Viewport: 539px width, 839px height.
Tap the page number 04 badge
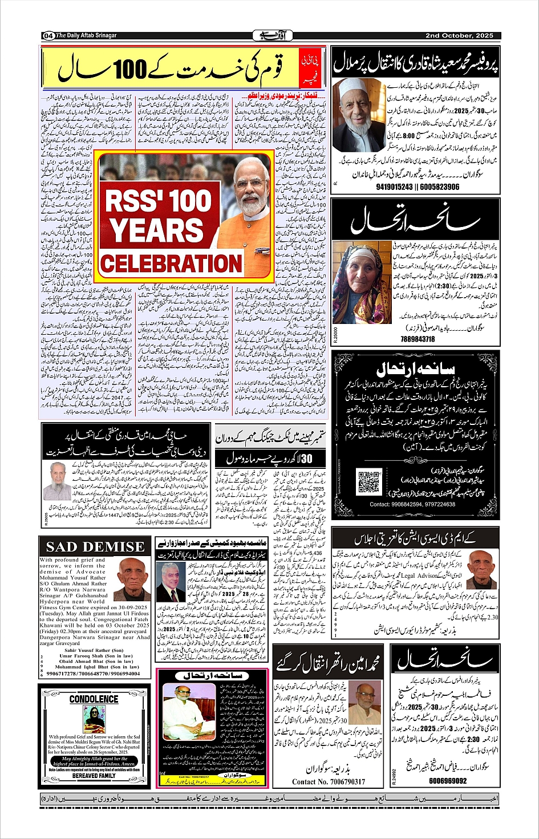point(48,36)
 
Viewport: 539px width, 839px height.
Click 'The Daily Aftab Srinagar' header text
point(86,35)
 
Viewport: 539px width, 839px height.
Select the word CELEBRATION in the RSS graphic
point(171,264)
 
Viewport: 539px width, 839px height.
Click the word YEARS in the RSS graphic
point(156,230)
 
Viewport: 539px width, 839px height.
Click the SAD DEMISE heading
point(95,547)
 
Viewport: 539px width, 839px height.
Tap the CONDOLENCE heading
point(94,699)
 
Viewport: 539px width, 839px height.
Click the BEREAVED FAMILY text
point(94,776)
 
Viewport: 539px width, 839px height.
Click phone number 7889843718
point(418,339)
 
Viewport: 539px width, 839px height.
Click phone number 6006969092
point(448,781)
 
